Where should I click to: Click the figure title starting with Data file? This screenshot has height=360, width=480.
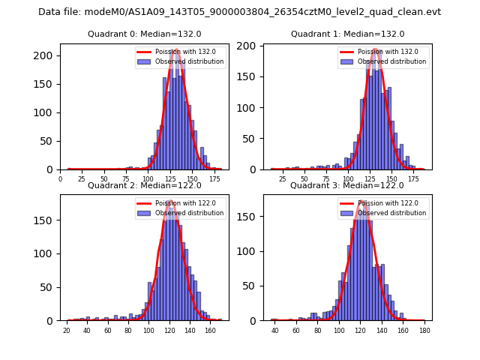pos(239,12)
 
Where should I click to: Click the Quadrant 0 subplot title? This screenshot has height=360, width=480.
pos(144,34)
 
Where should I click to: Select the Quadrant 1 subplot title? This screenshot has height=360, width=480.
pos(347,34)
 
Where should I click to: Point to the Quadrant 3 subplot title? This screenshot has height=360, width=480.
pos(347,185)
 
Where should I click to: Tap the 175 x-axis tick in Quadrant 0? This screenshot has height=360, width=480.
pos(216,179)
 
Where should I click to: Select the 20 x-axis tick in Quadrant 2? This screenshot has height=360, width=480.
pos(67,330)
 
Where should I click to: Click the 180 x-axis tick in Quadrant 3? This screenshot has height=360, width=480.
pos(424,330)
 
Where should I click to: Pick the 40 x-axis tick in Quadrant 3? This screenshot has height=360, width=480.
pos(275,330)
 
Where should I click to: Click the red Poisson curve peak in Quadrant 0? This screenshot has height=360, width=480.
pos(175,49)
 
